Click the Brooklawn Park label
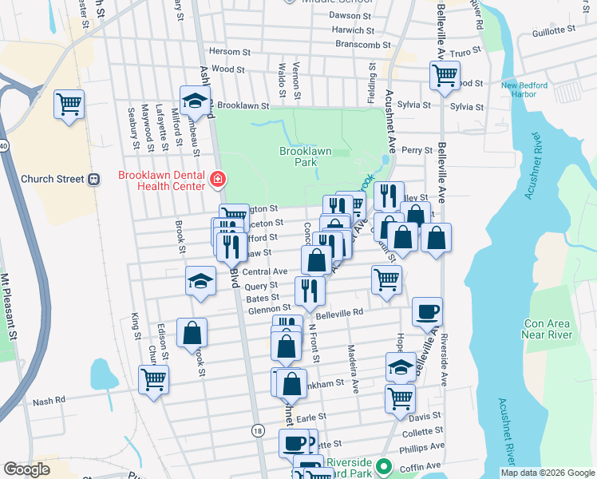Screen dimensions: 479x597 pos(303,156)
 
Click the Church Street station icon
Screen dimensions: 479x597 pos(95,179)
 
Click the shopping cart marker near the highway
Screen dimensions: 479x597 pos(69,104)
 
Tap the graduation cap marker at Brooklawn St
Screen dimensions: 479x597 pos(194,101)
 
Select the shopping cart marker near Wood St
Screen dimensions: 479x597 pos(444,77)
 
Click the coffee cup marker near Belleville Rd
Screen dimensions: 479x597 pos(427,312)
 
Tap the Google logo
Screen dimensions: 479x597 pos(27,469)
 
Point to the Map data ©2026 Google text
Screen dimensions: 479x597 pos(548,473)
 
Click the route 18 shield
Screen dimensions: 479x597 pos(257,430)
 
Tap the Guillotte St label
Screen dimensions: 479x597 pos(553,30)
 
